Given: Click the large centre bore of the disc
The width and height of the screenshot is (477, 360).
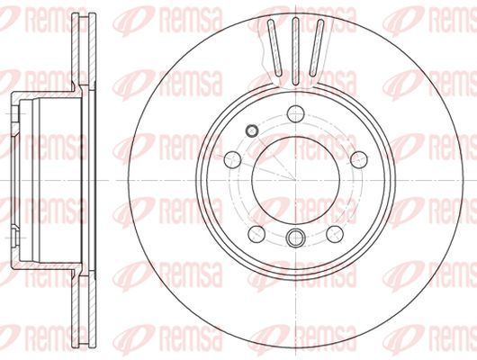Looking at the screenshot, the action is tap(296, 180).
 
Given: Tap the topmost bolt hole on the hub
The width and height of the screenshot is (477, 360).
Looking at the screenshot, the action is tap(296, 113).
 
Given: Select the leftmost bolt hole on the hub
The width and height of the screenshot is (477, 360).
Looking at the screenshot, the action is tap(233, 159).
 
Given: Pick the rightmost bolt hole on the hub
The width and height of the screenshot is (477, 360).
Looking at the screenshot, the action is tap(359, 159).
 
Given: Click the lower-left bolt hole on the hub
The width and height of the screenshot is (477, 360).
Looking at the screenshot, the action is tap(256, 234).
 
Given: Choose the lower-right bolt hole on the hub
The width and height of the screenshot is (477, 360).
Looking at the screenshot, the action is tap(335, 234).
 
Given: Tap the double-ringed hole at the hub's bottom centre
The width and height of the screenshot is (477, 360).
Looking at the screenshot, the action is tap(296, 238).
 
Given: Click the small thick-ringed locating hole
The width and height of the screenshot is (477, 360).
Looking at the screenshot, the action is tap(252, 130).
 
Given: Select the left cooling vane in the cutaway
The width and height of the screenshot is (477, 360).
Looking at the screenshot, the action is tap(274, 48).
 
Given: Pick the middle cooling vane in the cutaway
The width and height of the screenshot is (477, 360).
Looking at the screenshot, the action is tap(296, 50).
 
